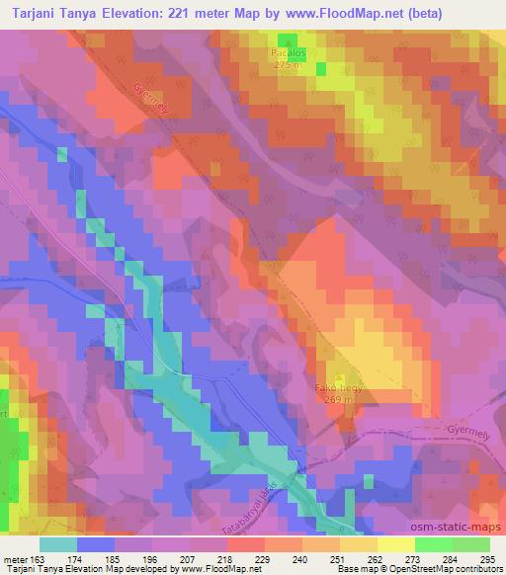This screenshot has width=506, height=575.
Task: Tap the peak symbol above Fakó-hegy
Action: point(341,377)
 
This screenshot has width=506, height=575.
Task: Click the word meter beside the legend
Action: point(17,559)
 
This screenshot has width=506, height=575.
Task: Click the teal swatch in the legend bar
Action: point(57,544)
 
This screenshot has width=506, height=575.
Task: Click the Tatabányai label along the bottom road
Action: point(245,510)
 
